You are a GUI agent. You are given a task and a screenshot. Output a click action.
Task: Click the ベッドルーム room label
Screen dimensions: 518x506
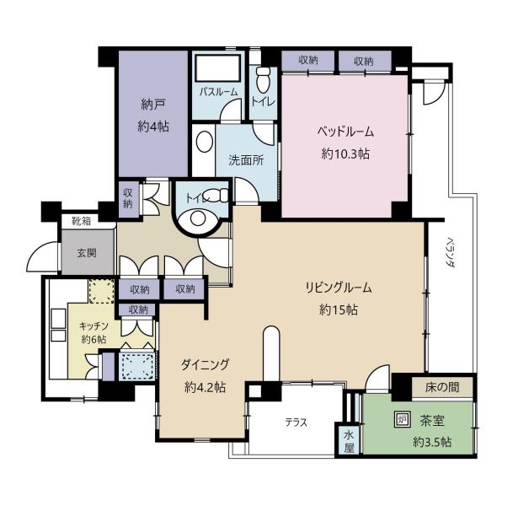(345, 132)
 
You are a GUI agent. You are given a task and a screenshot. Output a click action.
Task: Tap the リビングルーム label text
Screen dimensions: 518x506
(339, 288)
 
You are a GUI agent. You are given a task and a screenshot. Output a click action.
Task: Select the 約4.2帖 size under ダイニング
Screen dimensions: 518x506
(205, 386)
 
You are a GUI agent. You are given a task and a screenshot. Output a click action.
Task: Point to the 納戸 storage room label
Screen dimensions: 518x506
(153, 105)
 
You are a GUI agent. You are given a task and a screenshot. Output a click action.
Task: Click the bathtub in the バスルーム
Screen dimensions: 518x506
(217, 68)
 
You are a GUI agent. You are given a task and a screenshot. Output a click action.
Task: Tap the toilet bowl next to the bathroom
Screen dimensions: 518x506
(263, 80)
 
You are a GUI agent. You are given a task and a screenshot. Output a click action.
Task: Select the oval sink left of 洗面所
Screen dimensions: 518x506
(204, 142)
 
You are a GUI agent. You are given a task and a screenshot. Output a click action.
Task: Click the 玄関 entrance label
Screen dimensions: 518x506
(87, 253)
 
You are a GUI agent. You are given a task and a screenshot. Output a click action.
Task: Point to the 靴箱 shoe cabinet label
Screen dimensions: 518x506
(82, 221)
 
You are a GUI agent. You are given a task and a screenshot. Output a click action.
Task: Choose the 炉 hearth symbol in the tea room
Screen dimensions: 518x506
(403, 419)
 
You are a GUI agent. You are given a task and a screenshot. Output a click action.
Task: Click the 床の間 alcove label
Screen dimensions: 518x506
(442, 387)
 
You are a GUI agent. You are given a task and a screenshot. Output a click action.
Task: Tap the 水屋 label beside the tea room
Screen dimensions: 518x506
(349, 442)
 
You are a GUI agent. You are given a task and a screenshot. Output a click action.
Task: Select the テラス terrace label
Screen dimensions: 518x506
(296, 423)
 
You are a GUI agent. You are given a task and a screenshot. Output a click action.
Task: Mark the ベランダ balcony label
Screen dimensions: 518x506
(450, 252)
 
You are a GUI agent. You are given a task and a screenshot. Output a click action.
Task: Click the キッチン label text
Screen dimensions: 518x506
(93, 326)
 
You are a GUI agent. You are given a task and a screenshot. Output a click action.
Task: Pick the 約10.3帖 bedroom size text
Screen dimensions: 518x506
(345, 153)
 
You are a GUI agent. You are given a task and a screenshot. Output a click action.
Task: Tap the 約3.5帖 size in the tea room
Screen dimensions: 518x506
(432, 442)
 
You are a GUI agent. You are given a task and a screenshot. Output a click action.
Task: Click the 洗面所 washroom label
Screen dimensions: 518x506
(247, 160)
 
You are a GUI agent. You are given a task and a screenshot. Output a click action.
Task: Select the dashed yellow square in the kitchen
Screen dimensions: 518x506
(102, 291)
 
